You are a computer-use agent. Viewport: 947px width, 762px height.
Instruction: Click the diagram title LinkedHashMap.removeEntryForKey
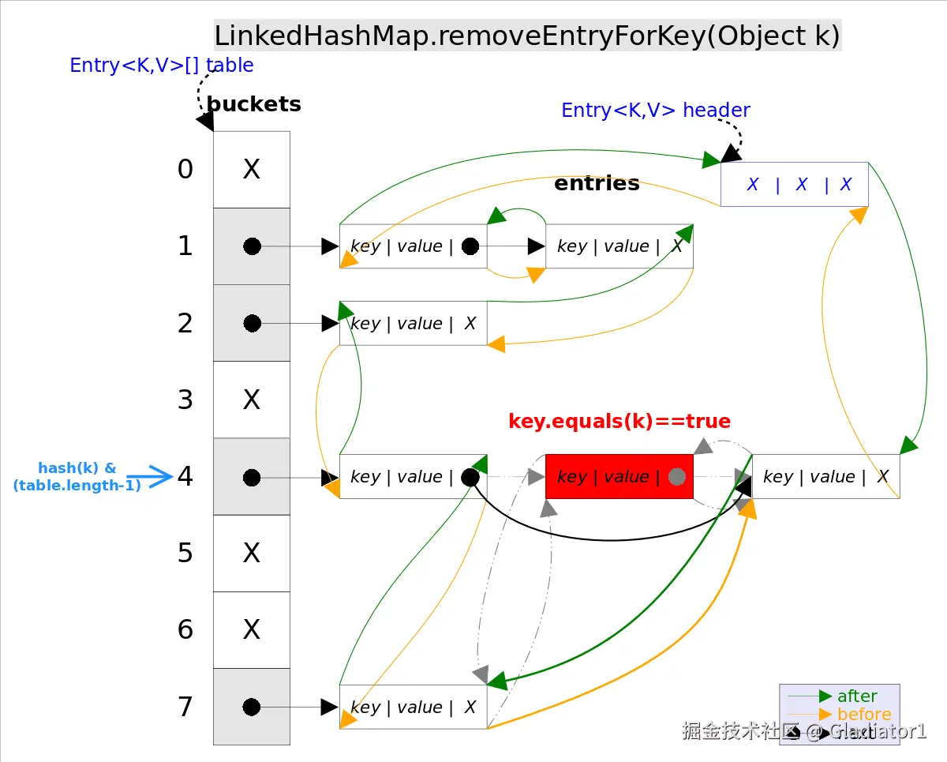pos(527,36)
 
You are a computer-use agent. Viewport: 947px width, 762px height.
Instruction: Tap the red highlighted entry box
pos(619,476)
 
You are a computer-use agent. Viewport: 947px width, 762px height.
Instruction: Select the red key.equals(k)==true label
pos(619,422)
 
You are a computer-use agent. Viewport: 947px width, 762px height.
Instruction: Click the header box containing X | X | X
pos(794,185)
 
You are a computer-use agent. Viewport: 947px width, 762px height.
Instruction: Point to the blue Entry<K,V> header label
pos(655,111)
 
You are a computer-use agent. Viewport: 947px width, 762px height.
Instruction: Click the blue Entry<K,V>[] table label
pos(162,66)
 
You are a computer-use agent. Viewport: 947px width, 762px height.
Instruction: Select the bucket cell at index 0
pos(252,170)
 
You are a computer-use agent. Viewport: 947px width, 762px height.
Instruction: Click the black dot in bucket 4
pos(252,478)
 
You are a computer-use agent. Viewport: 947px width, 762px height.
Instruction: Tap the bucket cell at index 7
pos(252,707)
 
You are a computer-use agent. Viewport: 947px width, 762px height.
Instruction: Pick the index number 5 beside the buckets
pos(185,554)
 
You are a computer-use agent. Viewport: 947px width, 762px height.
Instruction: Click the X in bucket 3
pos(252,400)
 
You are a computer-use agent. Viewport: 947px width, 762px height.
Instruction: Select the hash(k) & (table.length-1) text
pos(77,477)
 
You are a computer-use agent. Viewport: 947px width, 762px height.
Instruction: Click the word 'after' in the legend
pos(857,696)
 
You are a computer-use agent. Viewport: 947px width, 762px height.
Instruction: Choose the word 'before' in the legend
pos(864,715)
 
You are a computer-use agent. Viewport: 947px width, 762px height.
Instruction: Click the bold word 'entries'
pos(597,183)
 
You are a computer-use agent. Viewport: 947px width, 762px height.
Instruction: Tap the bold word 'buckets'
pos(253,104)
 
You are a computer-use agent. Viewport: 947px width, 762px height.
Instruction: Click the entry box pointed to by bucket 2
pos(413,324)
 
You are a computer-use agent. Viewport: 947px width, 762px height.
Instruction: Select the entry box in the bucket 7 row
pos(413,707)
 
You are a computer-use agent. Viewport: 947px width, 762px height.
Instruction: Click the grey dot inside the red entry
pos(676,477)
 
